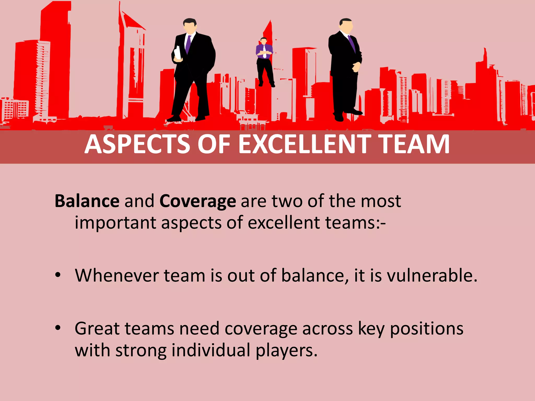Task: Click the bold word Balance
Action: (x=87, y=201)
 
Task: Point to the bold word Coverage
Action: (x=197, y=202)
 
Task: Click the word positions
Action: (x=427, y=329)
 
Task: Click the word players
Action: (x=286, y=351)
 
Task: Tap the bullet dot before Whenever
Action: (x=58, y=275)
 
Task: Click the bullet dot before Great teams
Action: (x=58, y=328)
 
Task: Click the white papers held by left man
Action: (x=178, y=53)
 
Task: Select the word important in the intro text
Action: (x=115, y=223)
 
